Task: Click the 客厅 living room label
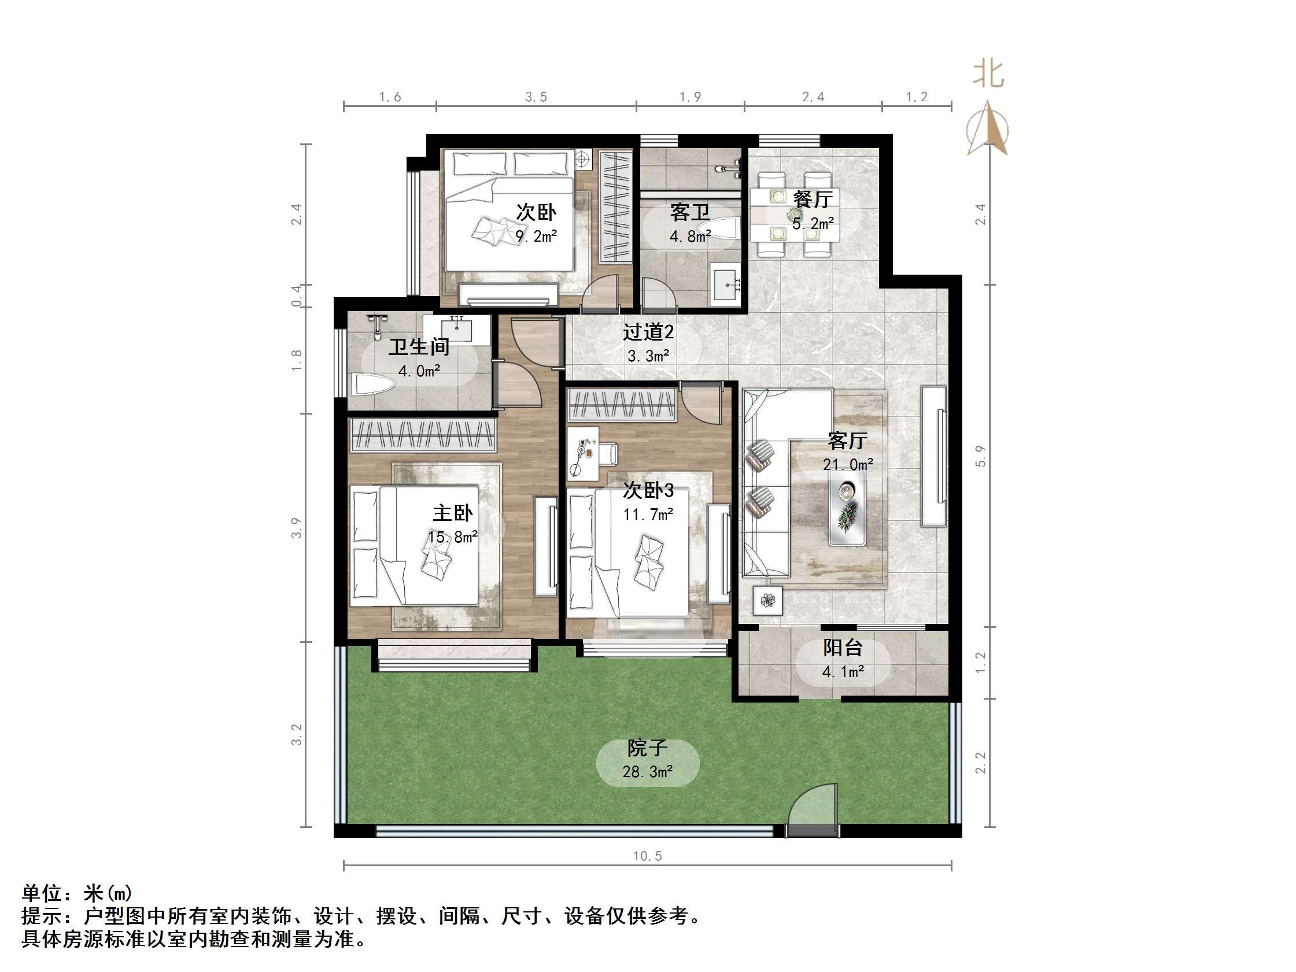pos(847,439)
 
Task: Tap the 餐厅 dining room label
pos(813,199)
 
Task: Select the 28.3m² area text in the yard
pos(647,771)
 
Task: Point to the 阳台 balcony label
pos(843,648)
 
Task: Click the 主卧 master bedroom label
pos(452,513)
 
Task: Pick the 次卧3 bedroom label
pos(647,490)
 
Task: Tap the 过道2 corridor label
pos(647,332)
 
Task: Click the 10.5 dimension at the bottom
pos(647,856)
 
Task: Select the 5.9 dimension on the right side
pos(981,456)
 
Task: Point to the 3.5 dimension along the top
pos(536,97)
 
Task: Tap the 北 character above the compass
pos(988,75)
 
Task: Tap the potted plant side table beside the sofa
pos(767,600)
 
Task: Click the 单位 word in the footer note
pos(42,893)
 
